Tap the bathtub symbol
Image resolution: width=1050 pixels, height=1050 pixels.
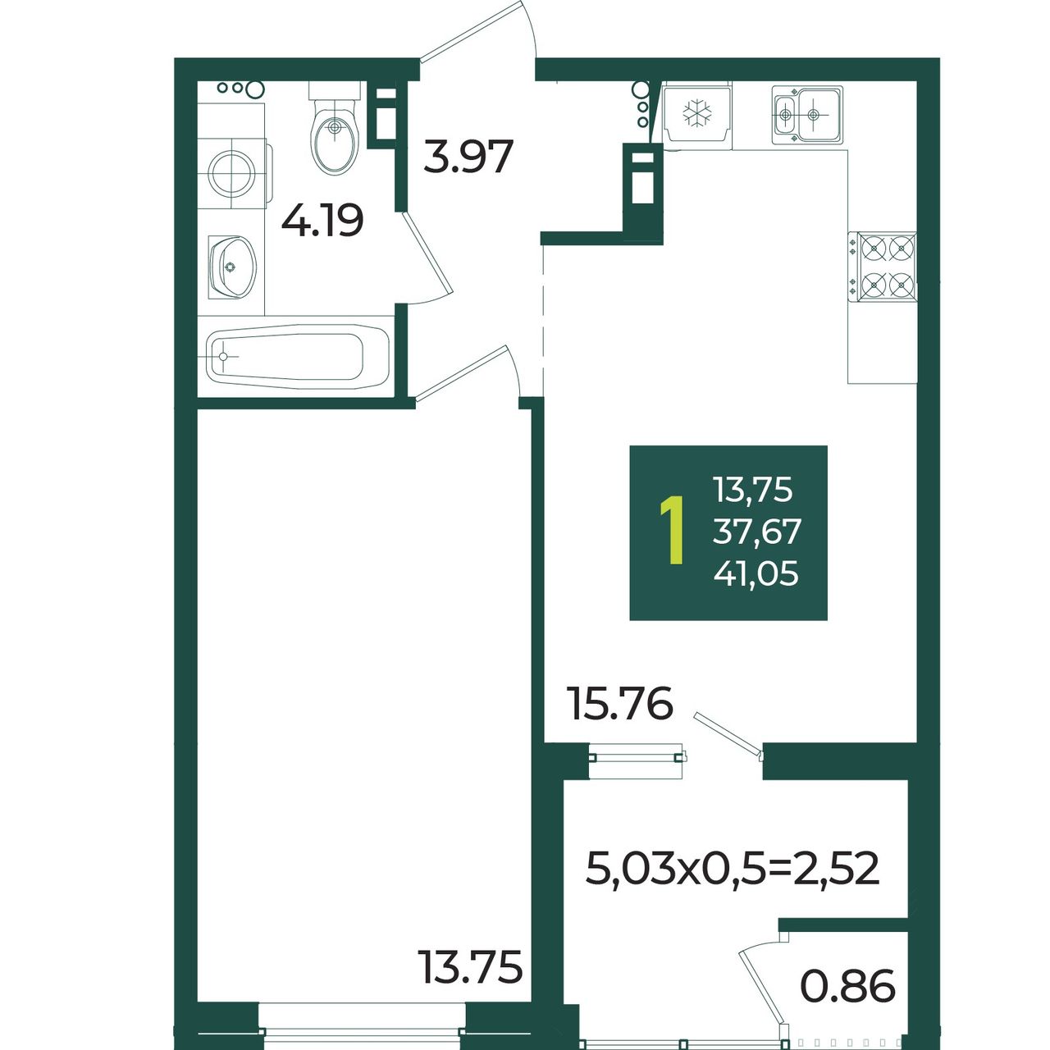tap(299, 357)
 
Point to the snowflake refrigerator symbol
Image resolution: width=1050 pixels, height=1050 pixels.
tap(697, 114)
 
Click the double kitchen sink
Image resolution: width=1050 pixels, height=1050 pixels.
tap(807, 115)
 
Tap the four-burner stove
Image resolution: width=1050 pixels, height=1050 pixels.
tap(882, 267)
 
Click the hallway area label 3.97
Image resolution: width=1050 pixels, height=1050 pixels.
tap(468, 157)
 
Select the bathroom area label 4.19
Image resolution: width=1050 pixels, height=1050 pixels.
tap(322, 220)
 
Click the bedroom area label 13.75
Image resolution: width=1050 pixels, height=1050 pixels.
tap(470, 983)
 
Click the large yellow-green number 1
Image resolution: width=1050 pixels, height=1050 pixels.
tap(673, 530)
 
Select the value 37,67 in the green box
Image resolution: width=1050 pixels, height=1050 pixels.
tap(757, 532)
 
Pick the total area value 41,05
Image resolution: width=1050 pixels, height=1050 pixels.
tap(756, 573)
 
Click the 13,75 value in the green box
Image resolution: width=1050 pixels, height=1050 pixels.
tap(753, 489)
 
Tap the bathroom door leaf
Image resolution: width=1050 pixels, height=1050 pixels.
tap(428, 254)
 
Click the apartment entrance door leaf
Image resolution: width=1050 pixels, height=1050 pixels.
tap(472, 30)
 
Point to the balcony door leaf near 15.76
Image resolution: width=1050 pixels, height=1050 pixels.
tap(728, 734)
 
